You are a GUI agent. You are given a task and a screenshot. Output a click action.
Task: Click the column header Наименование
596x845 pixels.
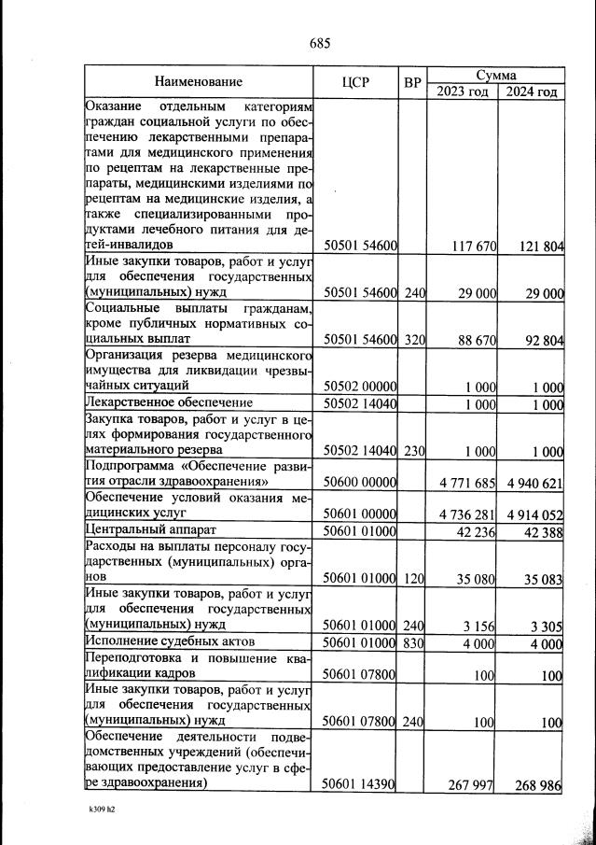click(x=199, y=82)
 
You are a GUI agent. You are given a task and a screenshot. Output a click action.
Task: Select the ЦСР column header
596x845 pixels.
click(x=357, y=82)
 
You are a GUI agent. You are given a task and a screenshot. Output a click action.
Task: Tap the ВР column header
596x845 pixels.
click(x=413, y=82)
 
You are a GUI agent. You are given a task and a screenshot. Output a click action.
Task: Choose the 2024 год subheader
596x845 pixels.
click(x=531, y=92)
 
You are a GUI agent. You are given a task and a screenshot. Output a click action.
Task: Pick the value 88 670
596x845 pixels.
click(x=474, y=339)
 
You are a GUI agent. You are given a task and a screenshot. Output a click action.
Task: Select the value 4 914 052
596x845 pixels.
click(x=533, y=514)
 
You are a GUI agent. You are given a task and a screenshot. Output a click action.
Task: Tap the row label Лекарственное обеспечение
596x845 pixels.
click(x=160, y=403)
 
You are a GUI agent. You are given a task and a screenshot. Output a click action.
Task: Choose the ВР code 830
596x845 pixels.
click(x=414, y=642)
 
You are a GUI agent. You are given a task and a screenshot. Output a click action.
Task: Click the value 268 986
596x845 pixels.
click(x=538, y=785)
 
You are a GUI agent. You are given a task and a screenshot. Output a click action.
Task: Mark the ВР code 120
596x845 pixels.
click(x=414, y=579)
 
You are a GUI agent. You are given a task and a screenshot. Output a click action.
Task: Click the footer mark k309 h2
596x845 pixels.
click(x=97, y=810)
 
